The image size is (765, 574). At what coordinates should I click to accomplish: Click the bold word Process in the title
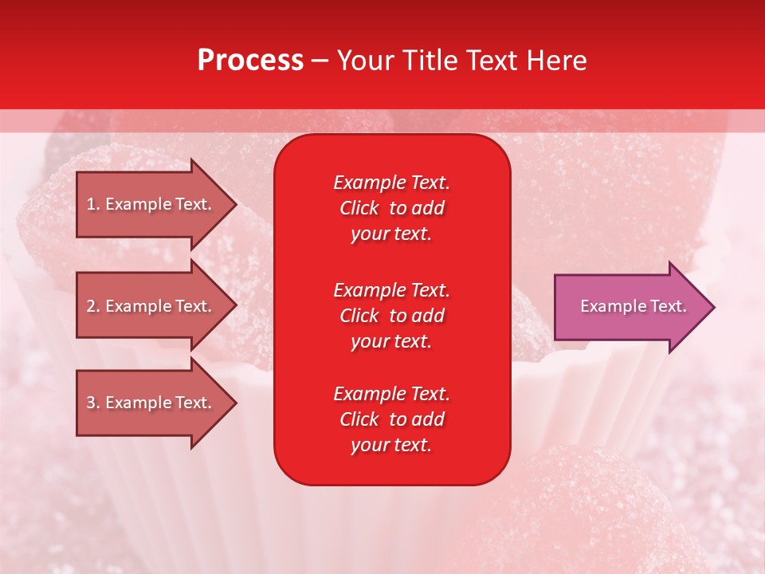(x=250, y=61)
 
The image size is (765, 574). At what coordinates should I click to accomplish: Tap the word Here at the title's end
(x=556, y=61)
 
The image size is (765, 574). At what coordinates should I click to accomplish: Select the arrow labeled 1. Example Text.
(x=151, y=204)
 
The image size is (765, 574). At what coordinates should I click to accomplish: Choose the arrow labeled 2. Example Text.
(x=151, y=306)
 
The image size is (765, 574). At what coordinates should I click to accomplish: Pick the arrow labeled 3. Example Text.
(x=151, y=403)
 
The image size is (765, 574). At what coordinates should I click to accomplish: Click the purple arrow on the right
(x=630, y=307)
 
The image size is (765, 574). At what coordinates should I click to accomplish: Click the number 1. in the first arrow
(x=93, y=204)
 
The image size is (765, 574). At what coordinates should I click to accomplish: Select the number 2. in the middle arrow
(x=93, y=306)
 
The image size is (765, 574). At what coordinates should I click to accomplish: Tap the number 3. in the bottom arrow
(x=93, y=403)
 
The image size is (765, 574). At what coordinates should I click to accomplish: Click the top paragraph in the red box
(x=391, y=208)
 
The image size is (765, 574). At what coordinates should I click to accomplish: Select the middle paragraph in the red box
(x=391, y=316)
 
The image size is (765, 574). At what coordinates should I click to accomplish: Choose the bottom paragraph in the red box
(x=391, y=419)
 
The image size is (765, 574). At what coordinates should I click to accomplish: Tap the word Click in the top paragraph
(x=359, y=209)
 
